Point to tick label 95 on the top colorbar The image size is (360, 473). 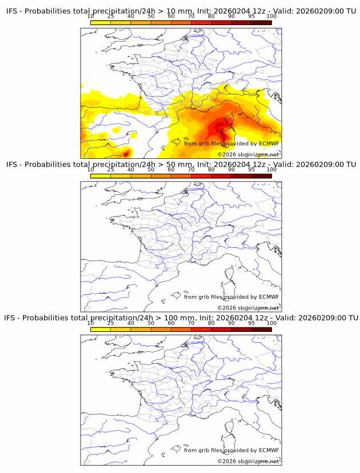tap(251, 16)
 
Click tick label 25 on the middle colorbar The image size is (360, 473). tap(110, 169)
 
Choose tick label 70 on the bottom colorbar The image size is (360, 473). tap(191, 323)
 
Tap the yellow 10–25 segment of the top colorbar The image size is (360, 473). tap(100, 22)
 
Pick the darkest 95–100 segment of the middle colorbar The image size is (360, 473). tap(261, 175)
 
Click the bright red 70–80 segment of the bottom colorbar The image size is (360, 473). tap(201, 328)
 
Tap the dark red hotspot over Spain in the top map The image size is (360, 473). tap(126, 153)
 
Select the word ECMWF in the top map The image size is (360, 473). tap(269, 143)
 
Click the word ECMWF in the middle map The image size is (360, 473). tap(269, 296)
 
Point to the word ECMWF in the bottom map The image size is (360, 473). tap(269, 450)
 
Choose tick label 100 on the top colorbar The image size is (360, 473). tap(271, 16)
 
